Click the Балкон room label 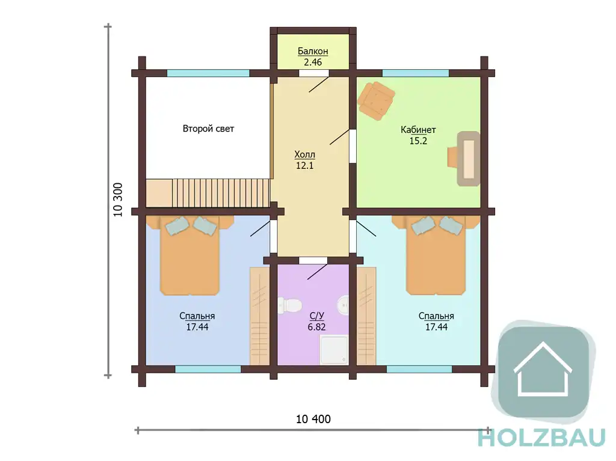point(313,52)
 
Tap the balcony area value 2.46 point(313,62)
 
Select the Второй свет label point(208,129)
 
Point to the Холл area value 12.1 point(304,165)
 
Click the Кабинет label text point(418,130)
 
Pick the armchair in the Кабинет point(375,101)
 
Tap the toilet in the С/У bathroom point(289,305)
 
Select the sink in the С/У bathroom point(343,305)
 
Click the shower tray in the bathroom point(334,349)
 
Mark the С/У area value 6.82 point(316,327)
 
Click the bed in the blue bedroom point(189,255)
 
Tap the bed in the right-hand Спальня point(436,255)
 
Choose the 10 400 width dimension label point(313,419)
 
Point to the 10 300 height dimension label point(118,200)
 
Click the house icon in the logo point(543,369)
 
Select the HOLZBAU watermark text point(542,438)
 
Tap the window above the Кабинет point(416,73)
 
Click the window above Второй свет point(208,73)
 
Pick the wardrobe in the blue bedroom point(260,316)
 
